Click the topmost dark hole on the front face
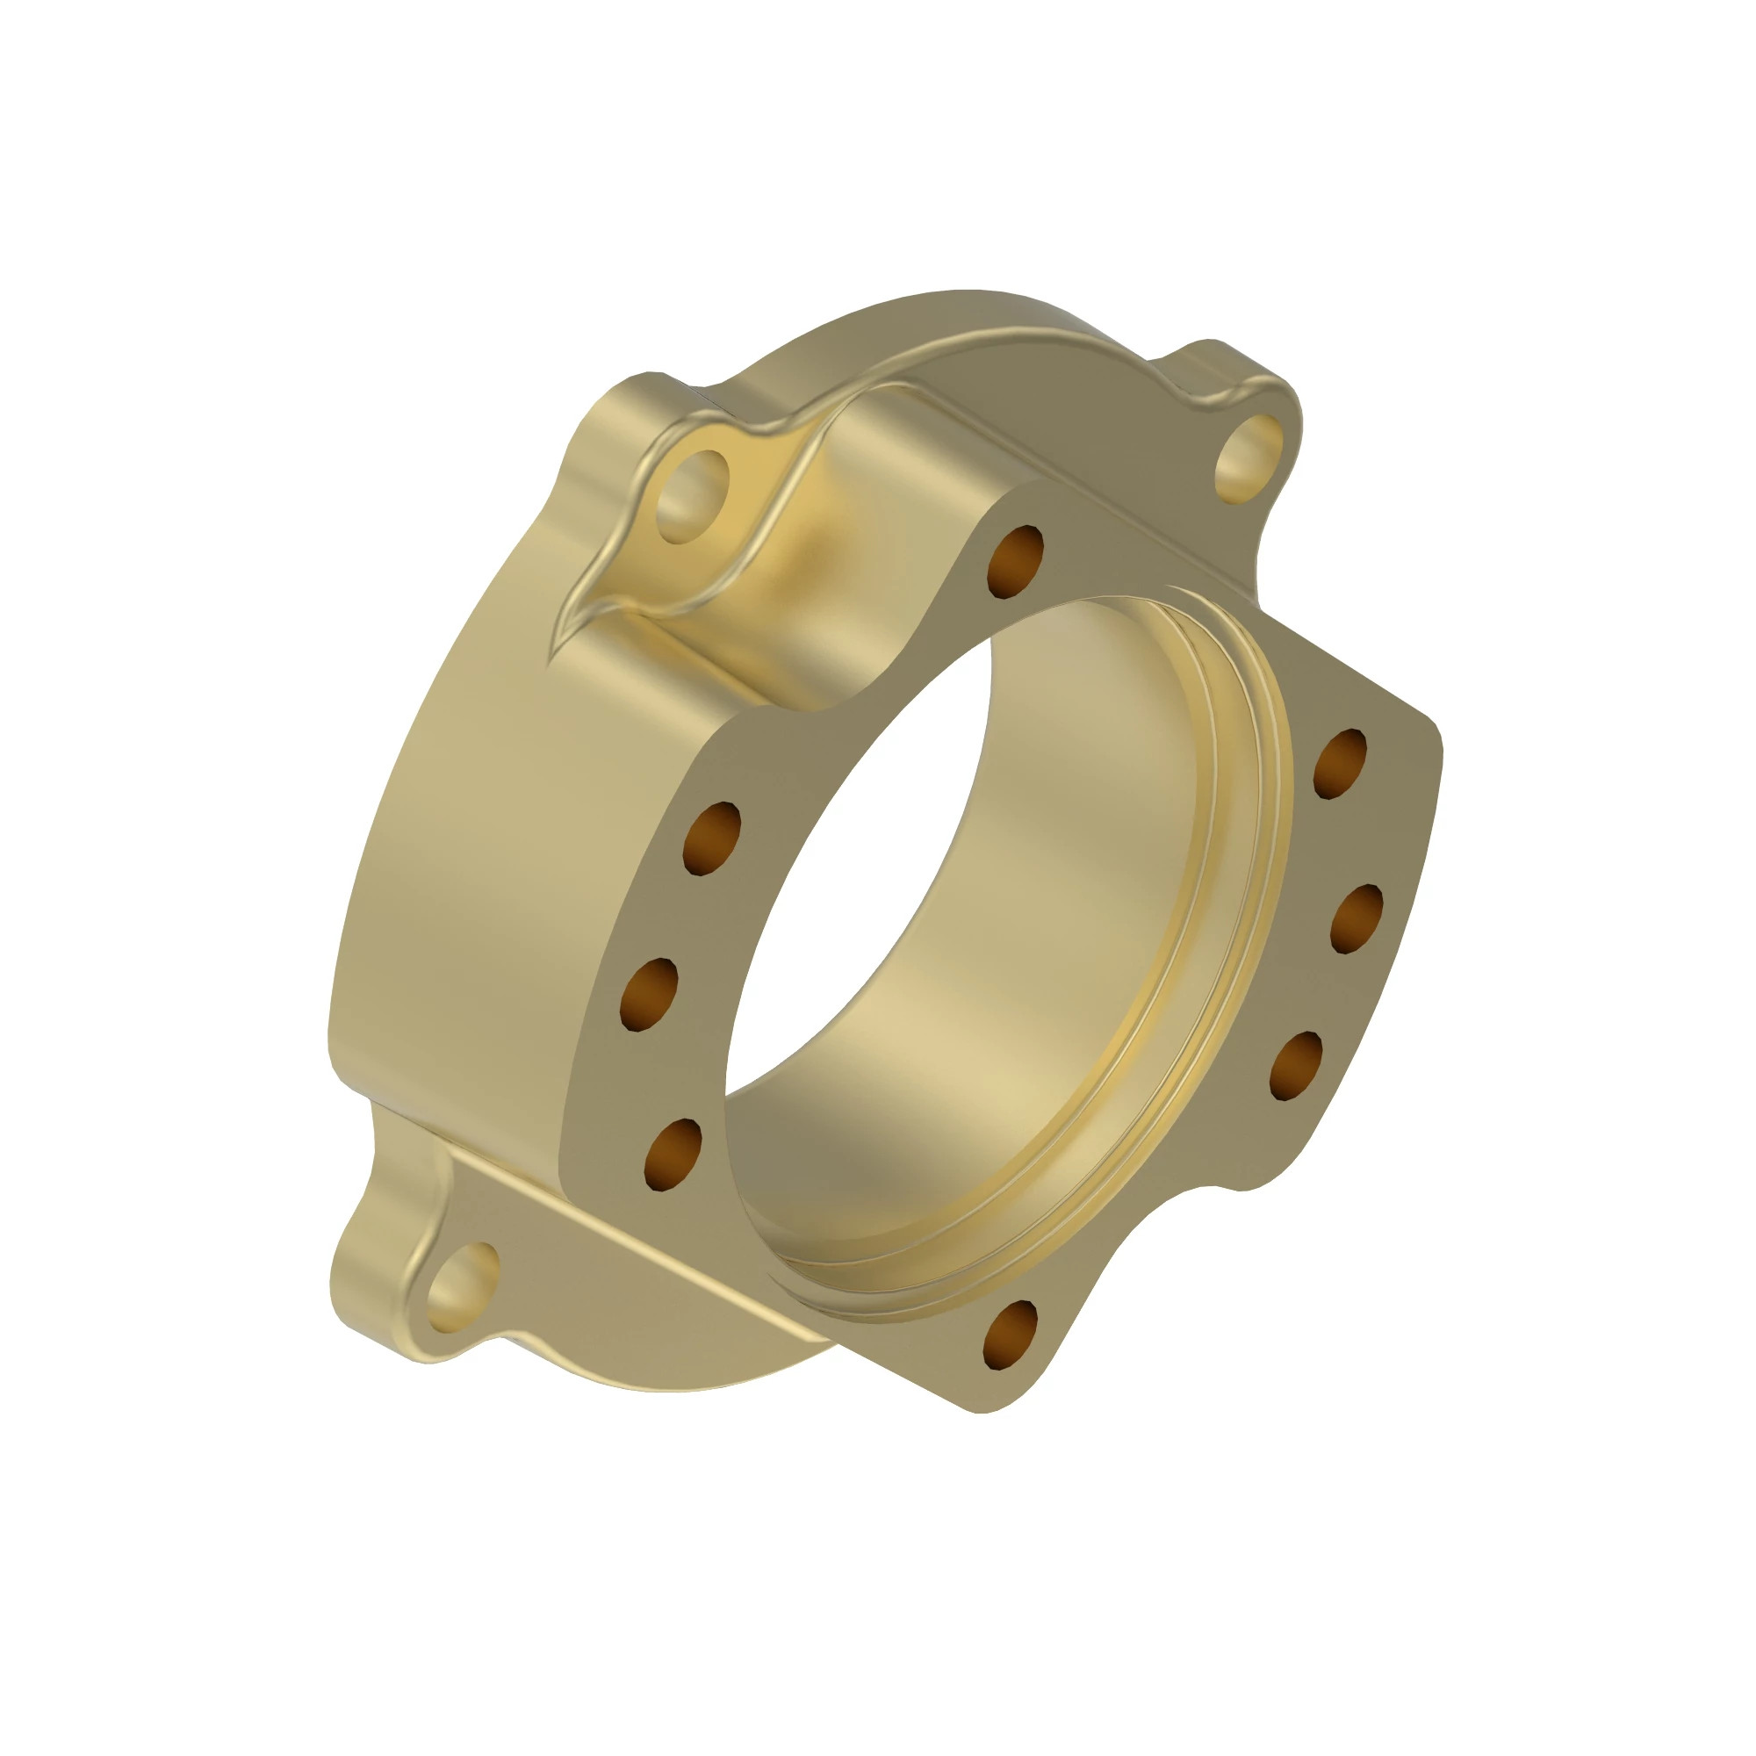1015,562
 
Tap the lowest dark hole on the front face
1010,1334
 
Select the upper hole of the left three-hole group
713,838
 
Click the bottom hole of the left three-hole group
673,1155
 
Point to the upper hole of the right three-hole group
1340,764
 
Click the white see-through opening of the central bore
854,863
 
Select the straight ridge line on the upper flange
1090,509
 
